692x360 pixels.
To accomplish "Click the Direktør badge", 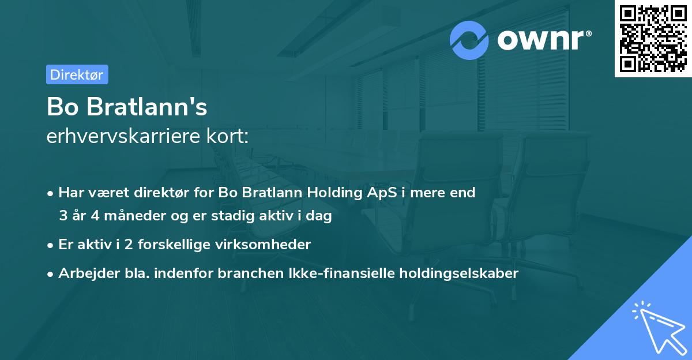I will tap(77, 74).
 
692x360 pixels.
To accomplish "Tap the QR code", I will tap(653, 39).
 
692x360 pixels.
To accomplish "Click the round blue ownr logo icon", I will tap(469, 40).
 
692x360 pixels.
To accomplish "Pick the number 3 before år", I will tap(63, 216).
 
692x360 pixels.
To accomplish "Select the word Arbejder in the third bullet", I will tap(85, 273).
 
